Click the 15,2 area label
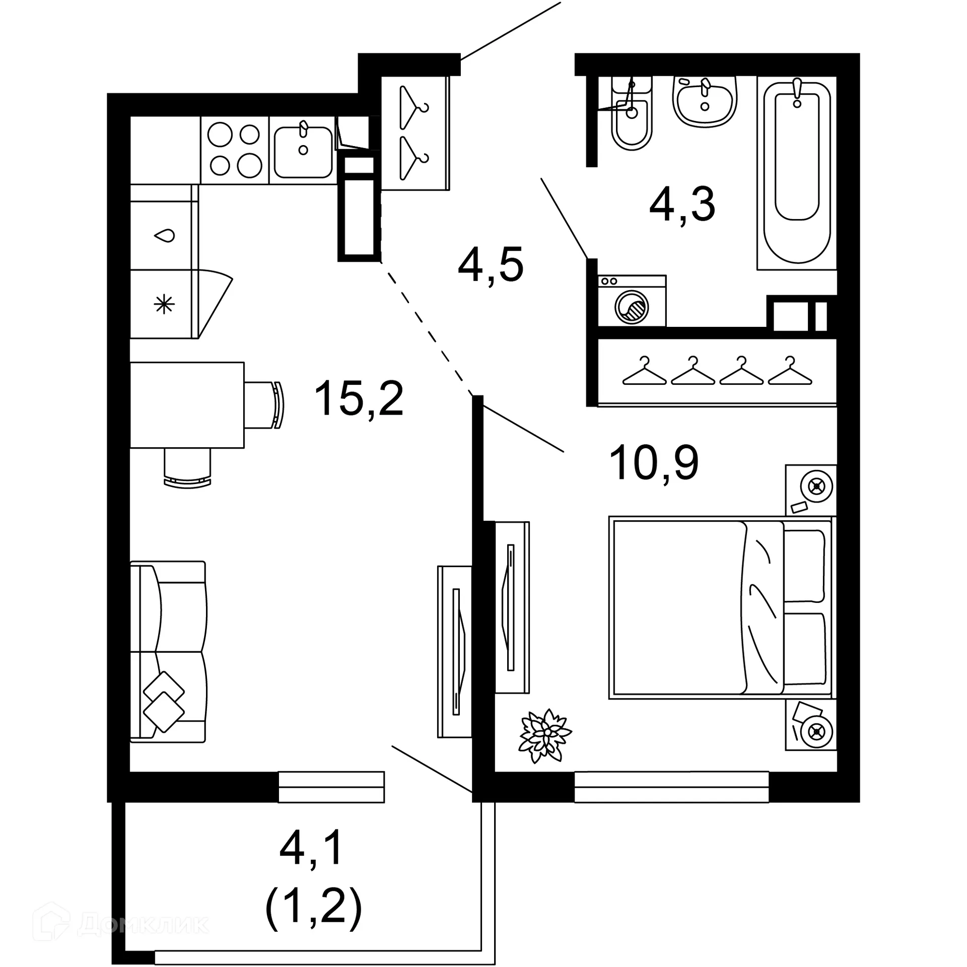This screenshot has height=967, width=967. pyautogui.click(x=359, y=398)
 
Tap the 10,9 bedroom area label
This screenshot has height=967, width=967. pyautogui.click(x=654, y=463)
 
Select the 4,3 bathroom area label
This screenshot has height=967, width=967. pyautogui.click(x=682, y=204)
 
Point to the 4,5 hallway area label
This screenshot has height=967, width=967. pyautogui.click(x=491, y=264)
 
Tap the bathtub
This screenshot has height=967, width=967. pyautogui.click(x=796, y=171)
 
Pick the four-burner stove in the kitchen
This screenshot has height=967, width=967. pyautogui.click(x=235, y=150)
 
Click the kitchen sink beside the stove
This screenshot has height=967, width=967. pyautogui.click(x=303, y=150)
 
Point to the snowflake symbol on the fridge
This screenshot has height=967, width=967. pyautogui.click(x=164, y=304)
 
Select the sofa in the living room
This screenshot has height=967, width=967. pyautogui.click(x=168, y=651)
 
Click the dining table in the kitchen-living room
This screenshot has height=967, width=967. pyautogui.click(x=187, y=404)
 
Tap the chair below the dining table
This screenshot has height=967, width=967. pyautogui.click(x=187, y=468)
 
